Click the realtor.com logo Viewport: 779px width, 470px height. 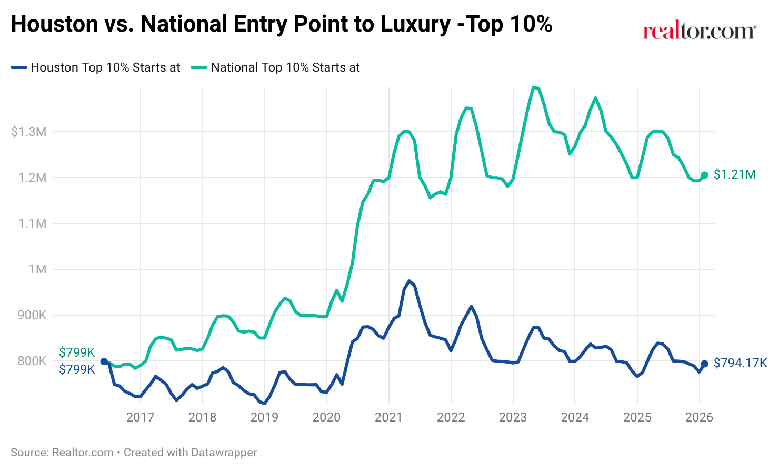[699, 31]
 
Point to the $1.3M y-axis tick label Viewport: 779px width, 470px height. [28, 132]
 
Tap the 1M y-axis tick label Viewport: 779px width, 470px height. [37, 269]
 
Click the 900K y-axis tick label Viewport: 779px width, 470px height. [32, 315]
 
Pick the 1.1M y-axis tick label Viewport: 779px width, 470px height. [32, 223]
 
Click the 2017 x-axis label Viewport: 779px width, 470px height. [140, 417]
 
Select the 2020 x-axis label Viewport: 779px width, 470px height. [326, 417]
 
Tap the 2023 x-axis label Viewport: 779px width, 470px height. [513, 417]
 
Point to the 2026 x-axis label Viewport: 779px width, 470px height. [699, 417]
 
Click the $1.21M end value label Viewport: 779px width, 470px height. [735, 174]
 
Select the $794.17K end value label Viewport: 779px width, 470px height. [740, 363]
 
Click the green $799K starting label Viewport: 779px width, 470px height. [77, 352]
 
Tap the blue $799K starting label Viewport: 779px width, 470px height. [77, 369]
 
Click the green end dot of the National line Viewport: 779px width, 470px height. [705, 175]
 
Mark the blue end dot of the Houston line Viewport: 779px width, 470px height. [705, 364]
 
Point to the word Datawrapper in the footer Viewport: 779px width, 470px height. [224, 452]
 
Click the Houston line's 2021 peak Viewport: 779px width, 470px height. [409, 281]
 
